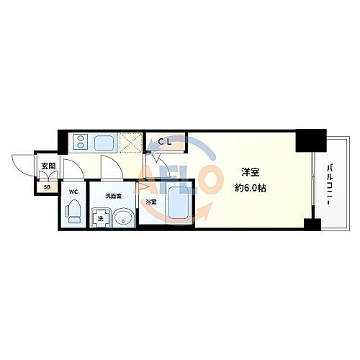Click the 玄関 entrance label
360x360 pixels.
click(48, 166)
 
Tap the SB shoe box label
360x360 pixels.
click(48, 187)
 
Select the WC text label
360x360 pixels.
click(73, 192)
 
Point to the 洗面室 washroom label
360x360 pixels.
click(113, 195)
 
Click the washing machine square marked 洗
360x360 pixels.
click(99, 217)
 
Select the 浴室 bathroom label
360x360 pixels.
click(151, 202)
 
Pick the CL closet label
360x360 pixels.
click(165, 142)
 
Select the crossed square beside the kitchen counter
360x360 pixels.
click(131, 143)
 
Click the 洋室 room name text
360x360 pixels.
click(251, 171)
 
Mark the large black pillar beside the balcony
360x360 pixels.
click(310, 140)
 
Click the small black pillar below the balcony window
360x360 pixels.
click(311, 225)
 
